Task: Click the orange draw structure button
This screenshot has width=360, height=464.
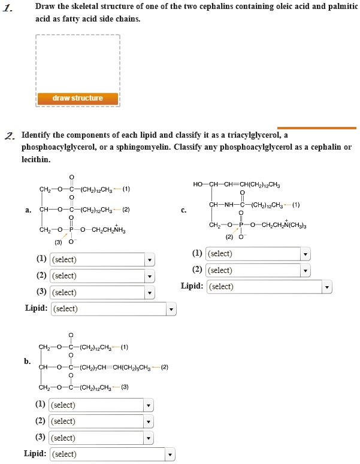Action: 78,98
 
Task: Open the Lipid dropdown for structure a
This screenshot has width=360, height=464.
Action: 114,309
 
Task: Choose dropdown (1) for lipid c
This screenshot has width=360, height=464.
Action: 258,254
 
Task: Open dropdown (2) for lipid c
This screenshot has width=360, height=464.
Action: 258,271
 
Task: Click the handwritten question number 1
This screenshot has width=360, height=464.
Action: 7,8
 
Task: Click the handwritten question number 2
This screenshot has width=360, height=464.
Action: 8,135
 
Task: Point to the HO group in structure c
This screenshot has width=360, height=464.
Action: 198,184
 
